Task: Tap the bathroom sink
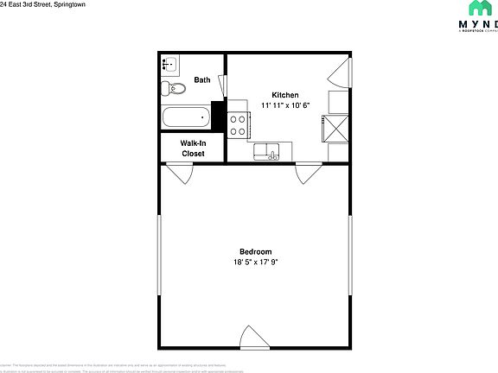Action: click(x=169, y=64)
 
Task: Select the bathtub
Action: click(x=185, y=117)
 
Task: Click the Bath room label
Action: click(x=202, y=80)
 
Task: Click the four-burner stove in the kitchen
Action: click(x=239, y=124)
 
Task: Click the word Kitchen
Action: click(x=285, y=95)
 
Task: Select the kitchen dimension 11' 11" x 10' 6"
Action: click(x=285, y=105)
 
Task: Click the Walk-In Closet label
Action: click(x=192, y=149)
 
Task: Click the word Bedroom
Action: click(x=256, y=252)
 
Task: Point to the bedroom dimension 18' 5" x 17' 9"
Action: click(x=256, y=262)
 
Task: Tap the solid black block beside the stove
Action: click(x=219, y=118)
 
